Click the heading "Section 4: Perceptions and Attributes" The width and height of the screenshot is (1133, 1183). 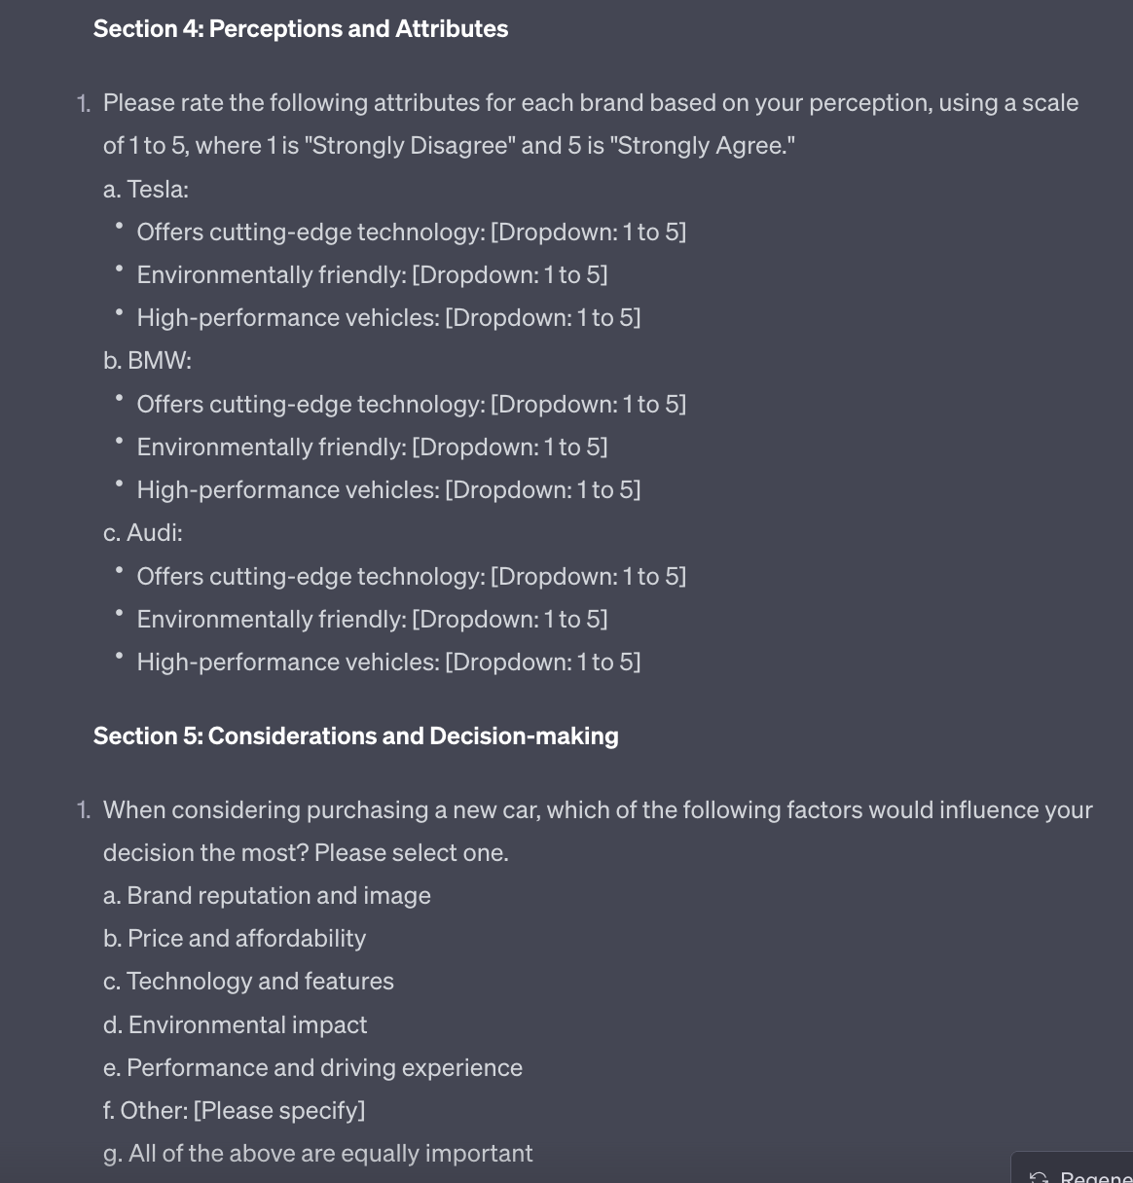(x=300, y=29)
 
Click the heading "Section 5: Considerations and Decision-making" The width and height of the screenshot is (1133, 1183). (x=355, y=735)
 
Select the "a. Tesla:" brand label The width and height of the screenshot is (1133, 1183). (x=146, y=189)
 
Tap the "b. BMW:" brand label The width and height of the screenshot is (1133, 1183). (x=147, y=360)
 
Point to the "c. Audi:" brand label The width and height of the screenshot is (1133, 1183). (x=143, y=532)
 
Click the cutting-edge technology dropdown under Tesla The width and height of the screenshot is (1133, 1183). (x=588, y=232)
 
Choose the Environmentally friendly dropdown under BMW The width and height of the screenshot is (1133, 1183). (x=510, y=447)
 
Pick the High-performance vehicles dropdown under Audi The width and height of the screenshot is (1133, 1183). (x=542, y=662)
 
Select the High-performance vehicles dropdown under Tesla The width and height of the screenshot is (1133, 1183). (x=542, y=317)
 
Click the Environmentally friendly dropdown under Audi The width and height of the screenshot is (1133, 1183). (x=510, y=619)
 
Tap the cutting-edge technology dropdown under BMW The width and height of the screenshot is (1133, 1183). (x=588, y=404)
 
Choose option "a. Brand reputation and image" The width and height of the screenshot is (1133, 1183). (x=267, y=895)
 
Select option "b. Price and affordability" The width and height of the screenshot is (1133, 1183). (x=235, y=938)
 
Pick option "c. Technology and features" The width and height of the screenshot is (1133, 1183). (x=248, y=981)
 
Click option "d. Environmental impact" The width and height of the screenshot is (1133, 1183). (x=235, y=1024)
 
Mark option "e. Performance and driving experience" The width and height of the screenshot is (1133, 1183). (x=312, y=1067)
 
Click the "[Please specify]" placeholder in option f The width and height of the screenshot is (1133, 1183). (x=279, y=1110)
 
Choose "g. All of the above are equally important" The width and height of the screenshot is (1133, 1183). (x=317, y=1153)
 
